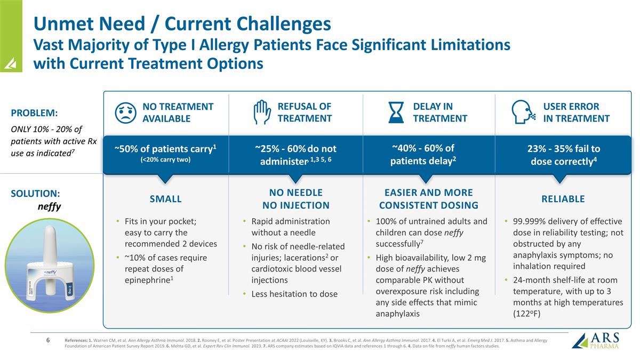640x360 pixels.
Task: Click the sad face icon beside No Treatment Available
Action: click(125, 112)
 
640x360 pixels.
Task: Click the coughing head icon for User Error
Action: click(523, 112)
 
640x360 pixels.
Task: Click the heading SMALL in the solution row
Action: click(165, 199)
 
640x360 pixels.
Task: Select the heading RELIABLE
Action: click(563, 199)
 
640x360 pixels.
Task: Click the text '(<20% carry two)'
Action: click(165, 159)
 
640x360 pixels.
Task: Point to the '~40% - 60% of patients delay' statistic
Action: click(423, 154)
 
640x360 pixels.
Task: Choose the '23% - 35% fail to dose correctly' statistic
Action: click(563, 155)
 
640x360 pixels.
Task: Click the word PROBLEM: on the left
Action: click(34, 113)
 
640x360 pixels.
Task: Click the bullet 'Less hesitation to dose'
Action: click(294, 294)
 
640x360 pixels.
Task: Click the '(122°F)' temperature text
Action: click(527, 314)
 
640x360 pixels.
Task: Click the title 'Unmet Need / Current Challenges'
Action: click(182, 23)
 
